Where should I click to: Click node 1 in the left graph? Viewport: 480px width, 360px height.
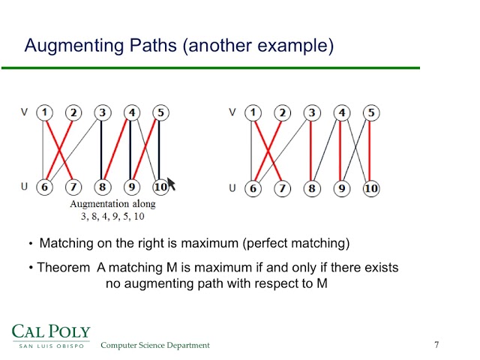(44, 112)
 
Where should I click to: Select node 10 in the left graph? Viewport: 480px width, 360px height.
(160, 187)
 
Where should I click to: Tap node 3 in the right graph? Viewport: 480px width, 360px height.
(311, 113)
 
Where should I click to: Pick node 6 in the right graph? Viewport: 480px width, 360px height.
(253, 188)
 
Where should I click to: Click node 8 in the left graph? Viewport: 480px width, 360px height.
(102, 187)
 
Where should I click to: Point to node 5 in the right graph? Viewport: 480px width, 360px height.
(370, 113)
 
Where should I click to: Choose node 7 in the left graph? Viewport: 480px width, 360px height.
(73, 187)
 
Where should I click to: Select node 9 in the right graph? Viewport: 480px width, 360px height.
(341, 188)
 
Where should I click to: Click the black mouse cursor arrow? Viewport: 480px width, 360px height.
(171, 184)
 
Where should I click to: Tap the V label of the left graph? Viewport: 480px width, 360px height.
(24, 112)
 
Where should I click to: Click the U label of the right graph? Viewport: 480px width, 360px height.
(232, 187)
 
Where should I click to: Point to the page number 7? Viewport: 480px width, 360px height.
(436, 344)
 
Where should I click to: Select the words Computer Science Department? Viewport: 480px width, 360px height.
(155, 345)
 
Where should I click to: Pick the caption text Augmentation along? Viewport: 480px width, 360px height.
(112, 204)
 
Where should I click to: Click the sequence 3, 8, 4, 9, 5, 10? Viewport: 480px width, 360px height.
(112, 216)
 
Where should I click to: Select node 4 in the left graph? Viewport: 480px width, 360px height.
(131, 112)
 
